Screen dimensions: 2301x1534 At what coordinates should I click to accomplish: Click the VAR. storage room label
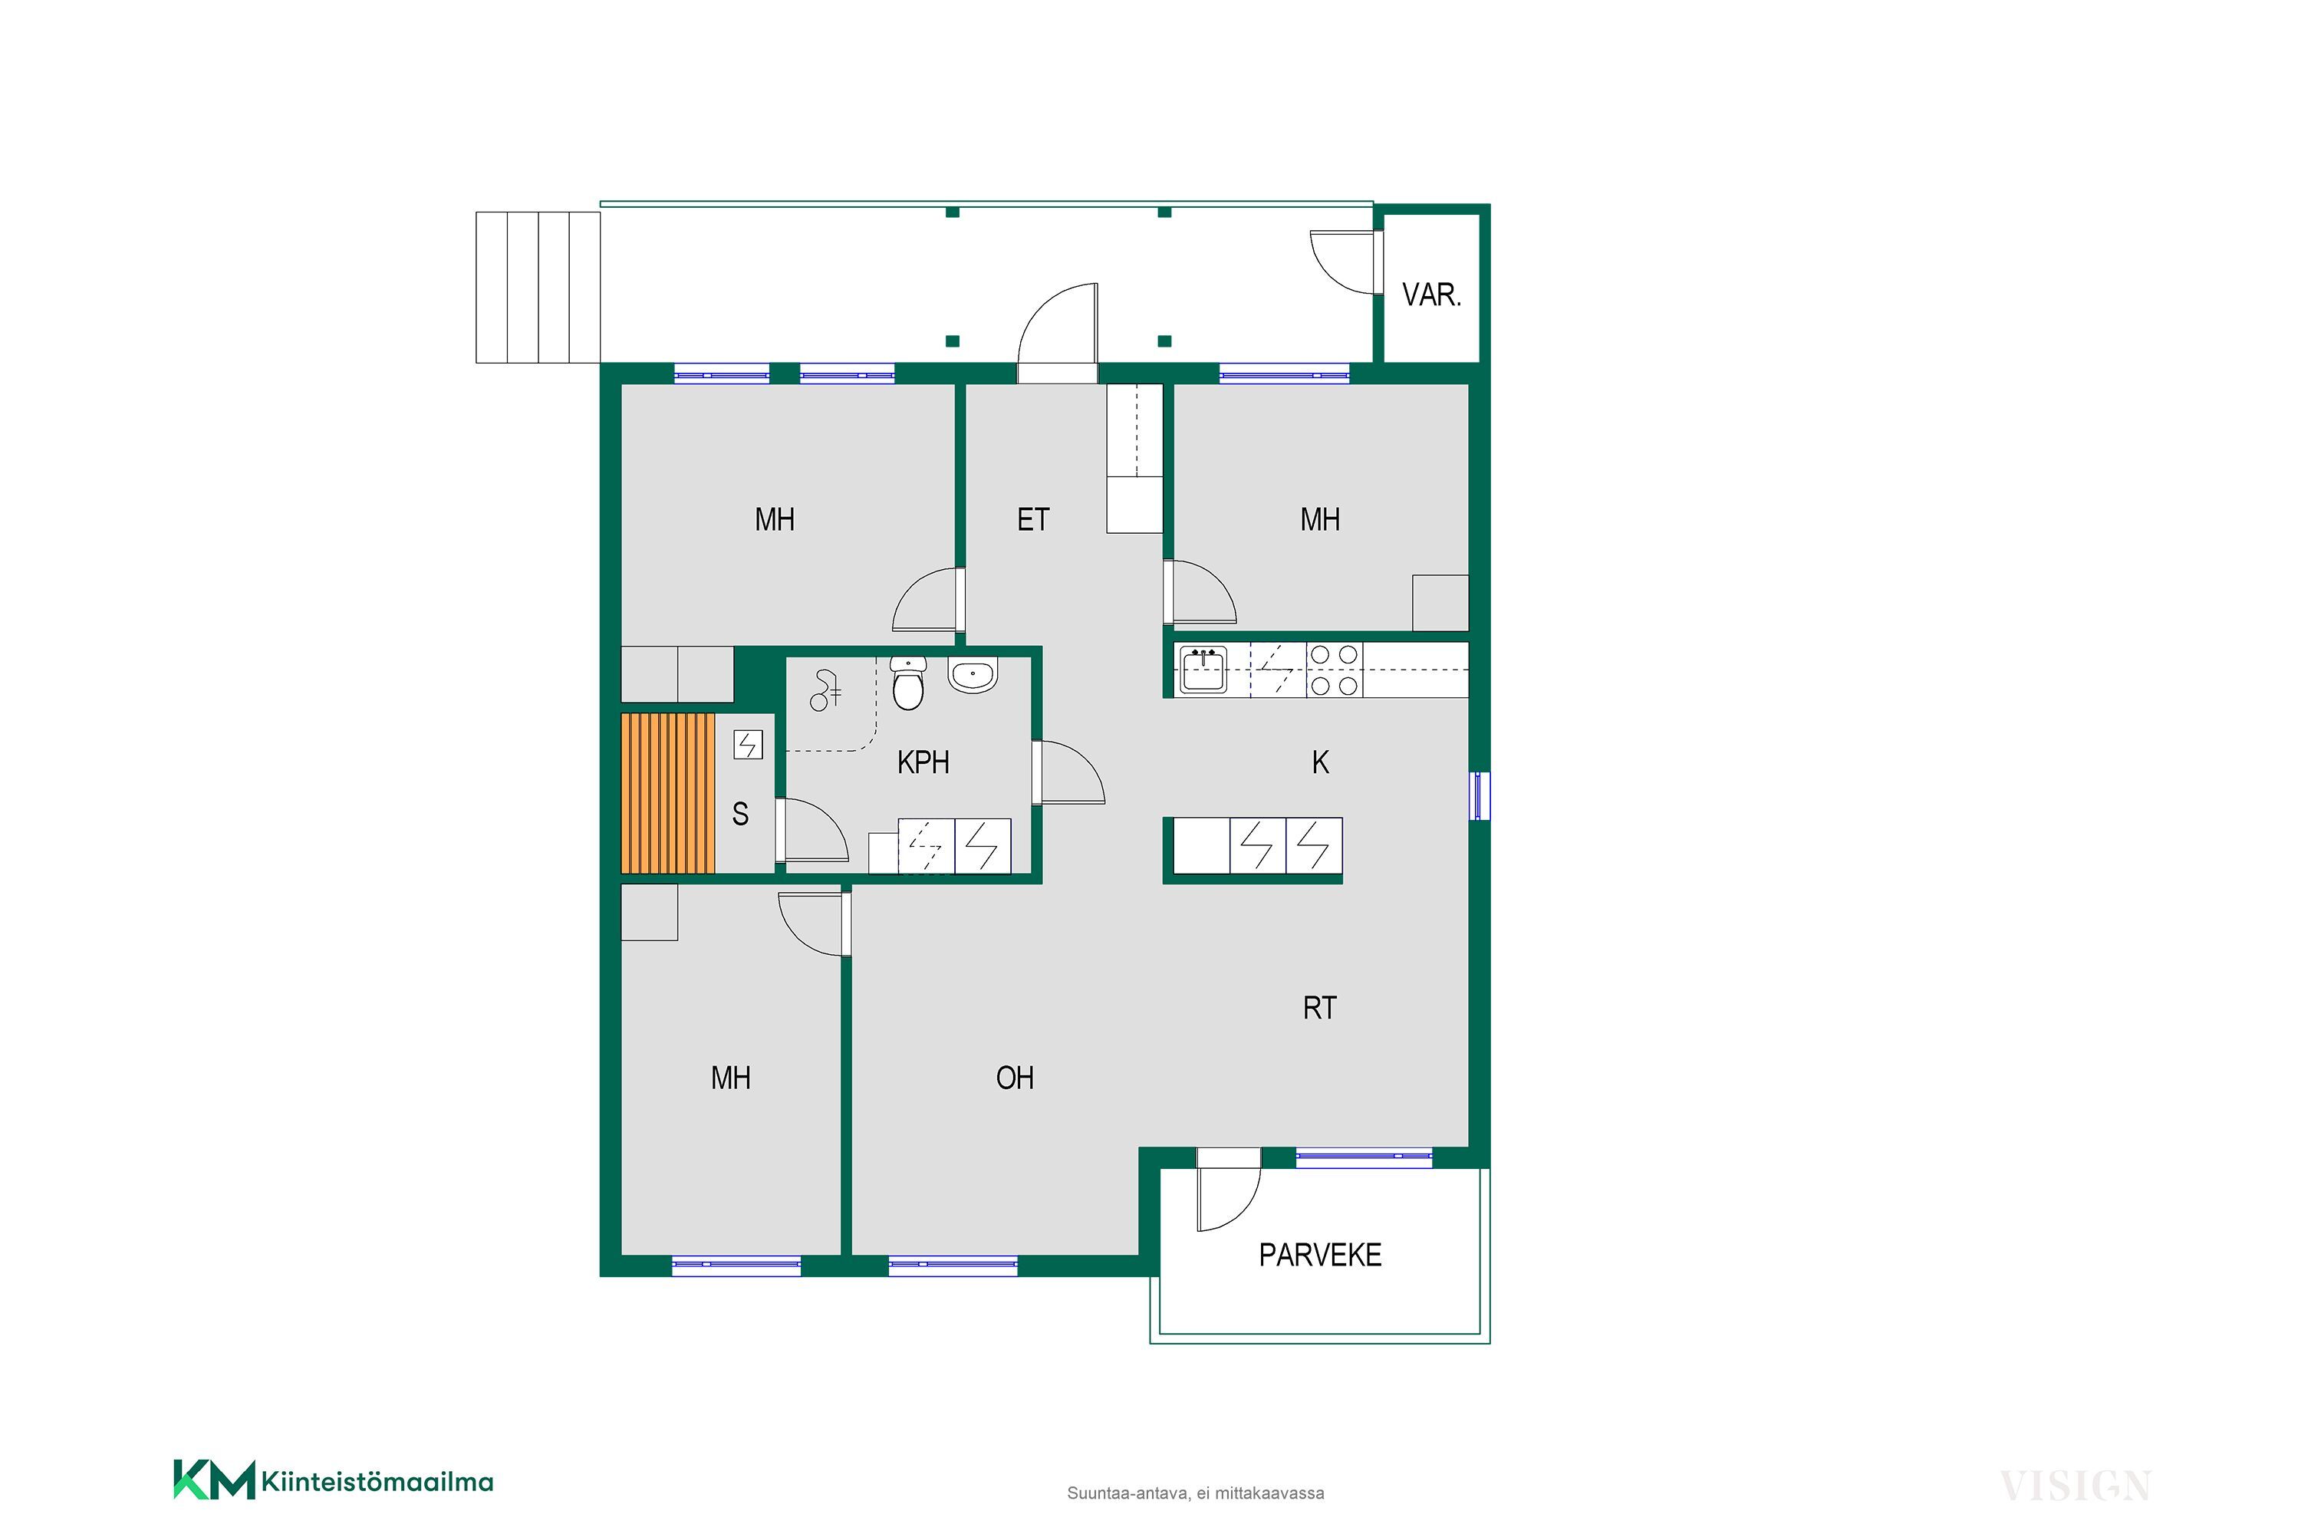[x=1431, y=295]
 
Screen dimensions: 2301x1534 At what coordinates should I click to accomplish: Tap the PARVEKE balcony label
[x=1320, y=1255]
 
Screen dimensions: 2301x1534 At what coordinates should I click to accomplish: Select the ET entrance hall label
[x=1033, y=519]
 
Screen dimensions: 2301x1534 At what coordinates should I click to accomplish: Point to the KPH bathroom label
[x=923, y=762]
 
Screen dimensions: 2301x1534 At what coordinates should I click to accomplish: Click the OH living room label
[x=1015, y=1078]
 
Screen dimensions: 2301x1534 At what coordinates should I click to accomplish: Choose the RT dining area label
[x=1320, y=1008]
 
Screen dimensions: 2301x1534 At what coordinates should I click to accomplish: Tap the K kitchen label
[x=1320, y=762]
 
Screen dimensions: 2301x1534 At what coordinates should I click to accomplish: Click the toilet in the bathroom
[x=909, y=682]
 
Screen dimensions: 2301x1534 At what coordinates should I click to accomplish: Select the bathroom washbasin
[x=973, y=675]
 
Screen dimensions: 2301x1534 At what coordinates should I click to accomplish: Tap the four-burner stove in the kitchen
[x=1335, y=670]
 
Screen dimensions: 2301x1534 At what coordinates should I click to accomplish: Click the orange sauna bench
[x=668, y=793]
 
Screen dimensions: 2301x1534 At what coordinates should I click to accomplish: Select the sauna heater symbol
[x=747, y=746]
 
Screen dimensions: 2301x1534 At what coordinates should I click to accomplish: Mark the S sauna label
[x=741, y=814]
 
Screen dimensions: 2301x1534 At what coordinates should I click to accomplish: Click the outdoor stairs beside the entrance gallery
[x=538, y=288]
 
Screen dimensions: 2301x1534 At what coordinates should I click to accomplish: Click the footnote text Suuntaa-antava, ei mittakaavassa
[x=1196, y=1493]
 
